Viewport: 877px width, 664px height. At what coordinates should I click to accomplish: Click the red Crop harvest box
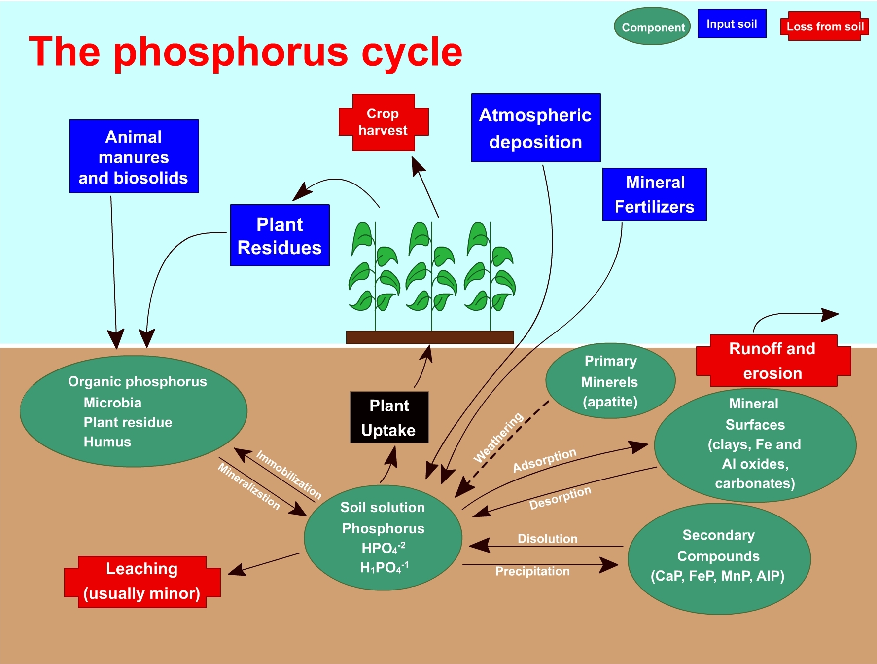coord(383,122)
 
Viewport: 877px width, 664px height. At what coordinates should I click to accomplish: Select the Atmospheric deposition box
coord(535,128)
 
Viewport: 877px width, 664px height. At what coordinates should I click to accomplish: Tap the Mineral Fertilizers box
coord(654,194)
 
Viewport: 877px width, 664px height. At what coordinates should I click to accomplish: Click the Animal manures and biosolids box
coord(134,156)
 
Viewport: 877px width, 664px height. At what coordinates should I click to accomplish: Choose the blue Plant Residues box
coord(280,235)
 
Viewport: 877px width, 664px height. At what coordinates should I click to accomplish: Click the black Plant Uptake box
coord(389,417)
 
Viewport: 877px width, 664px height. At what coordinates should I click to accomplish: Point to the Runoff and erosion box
coord(772,361)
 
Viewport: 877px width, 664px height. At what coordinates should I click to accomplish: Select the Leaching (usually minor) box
coord(142,582)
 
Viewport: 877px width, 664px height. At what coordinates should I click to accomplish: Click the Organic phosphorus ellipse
coord(133,411)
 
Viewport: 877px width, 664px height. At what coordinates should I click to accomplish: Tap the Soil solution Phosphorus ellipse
coord(383,537)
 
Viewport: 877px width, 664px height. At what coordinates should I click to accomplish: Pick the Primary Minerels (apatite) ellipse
coord(610,381)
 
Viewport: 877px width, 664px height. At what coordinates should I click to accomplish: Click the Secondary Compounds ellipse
coord(718,558)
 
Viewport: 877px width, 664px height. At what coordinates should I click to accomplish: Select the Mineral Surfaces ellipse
coord(754,444)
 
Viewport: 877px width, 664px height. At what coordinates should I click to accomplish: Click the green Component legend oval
coord(652,27)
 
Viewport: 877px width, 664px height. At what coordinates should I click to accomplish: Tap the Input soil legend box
coord(732,24)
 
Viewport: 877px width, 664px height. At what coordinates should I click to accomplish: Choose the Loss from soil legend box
coord(825,27)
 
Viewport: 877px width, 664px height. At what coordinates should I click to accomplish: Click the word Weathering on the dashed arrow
coord(498,437)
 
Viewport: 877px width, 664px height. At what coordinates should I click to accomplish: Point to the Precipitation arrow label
coord(532,571)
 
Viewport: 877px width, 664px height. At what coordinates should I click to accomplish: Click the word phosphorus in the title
coord(231,52)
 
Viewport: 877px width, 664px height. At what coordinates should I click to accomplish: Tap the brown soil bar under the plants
coord(430,337)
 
